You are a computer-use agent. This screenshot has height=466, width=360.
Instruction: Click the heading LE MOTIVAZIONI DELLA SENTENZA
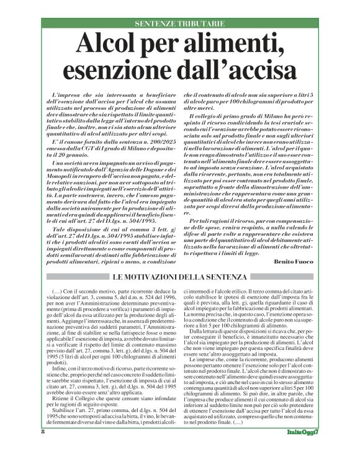click(179, 277)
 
